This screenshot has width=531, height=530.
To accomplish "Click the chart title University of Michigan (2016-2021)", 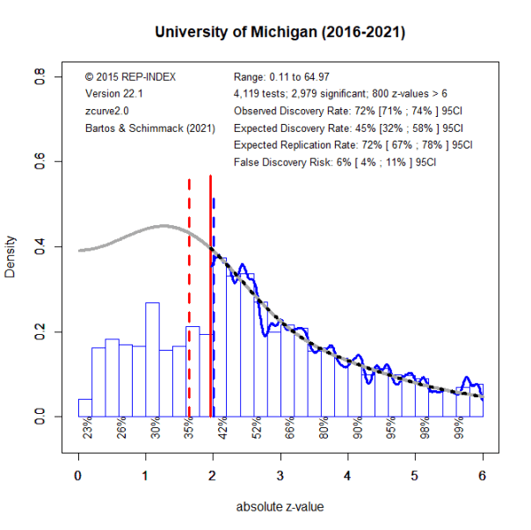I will click(x=279, y=33).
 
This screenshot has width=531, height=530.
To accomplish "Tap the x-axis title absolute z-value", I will click(x=279, y=508).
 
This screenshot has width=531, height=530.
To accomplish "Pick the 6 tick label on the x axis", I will click(x=483, y=476).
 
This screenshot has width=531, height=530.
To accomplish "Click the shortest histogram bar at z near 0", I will click(x=84, y=407).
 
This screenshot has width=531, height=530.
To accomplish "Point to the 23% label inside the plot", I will click(x=88, y=428).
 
